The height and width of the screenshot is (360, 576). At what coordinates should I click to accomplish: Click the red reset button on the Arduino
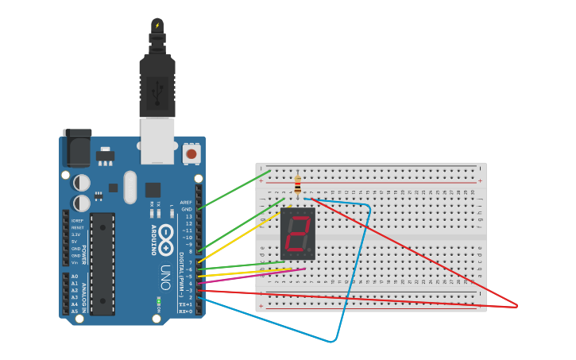click(191, 153)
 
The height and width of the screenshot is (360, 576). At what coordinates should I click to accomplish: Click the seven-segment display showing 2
click(298, 234)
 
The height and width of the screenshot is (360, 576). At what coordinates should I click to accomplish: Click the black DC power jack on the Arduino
click(77, 148)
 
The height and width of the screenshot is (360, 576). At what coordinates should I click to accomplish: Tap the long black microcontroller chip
click(102, 263)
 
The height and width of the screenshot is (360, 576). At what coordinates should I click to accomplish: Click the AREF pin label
click(186, 203)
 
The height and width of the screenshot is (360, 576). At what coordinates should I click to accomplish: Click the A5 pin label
click(75, 311)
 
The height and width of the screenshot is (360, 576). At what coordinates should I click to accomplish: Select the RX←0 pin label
click(184, 312)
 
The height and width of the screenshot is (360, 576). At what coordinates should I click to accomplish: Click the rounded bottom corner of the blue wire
click(333, 341)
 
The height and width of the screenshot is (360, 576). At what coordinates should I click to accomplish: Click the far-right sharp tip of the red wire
click(516, 305)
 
